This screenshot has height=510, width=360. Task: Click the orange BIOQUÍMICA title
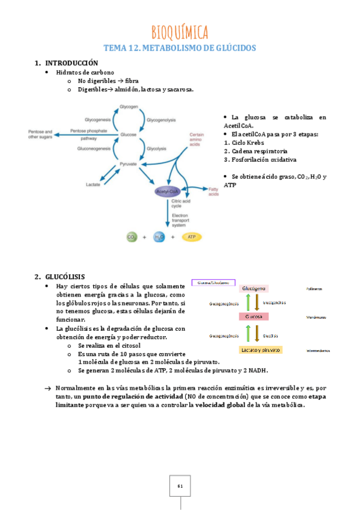pyautogui.click(x=180, y=31)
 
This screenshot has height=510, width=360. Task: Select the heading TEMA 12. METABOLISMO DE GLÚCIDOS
pyautogui.click(x=180, y=48)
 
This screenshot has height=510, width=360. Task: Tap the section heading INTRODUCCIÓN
pyautogui.click(x=72, y=63)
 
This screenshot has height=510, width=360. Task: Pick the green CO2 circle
pyautogui.click(x=132, y=237)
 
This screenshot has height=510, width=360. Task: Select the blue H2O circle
pyautogui.click(x=159, y=237)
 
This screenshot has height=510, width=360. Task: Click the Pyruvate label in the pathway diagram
pyautogui.click(x=128, y=164)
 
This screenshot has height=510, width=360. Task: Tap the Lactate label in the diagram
pyautogui.click(x=93, y=184)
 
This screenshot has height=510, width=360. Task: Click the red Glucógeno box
pyautogui.click(x=255, y=289)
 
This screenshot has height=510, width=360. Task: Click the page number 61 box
pyautogui.click(x=180, y=485)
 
